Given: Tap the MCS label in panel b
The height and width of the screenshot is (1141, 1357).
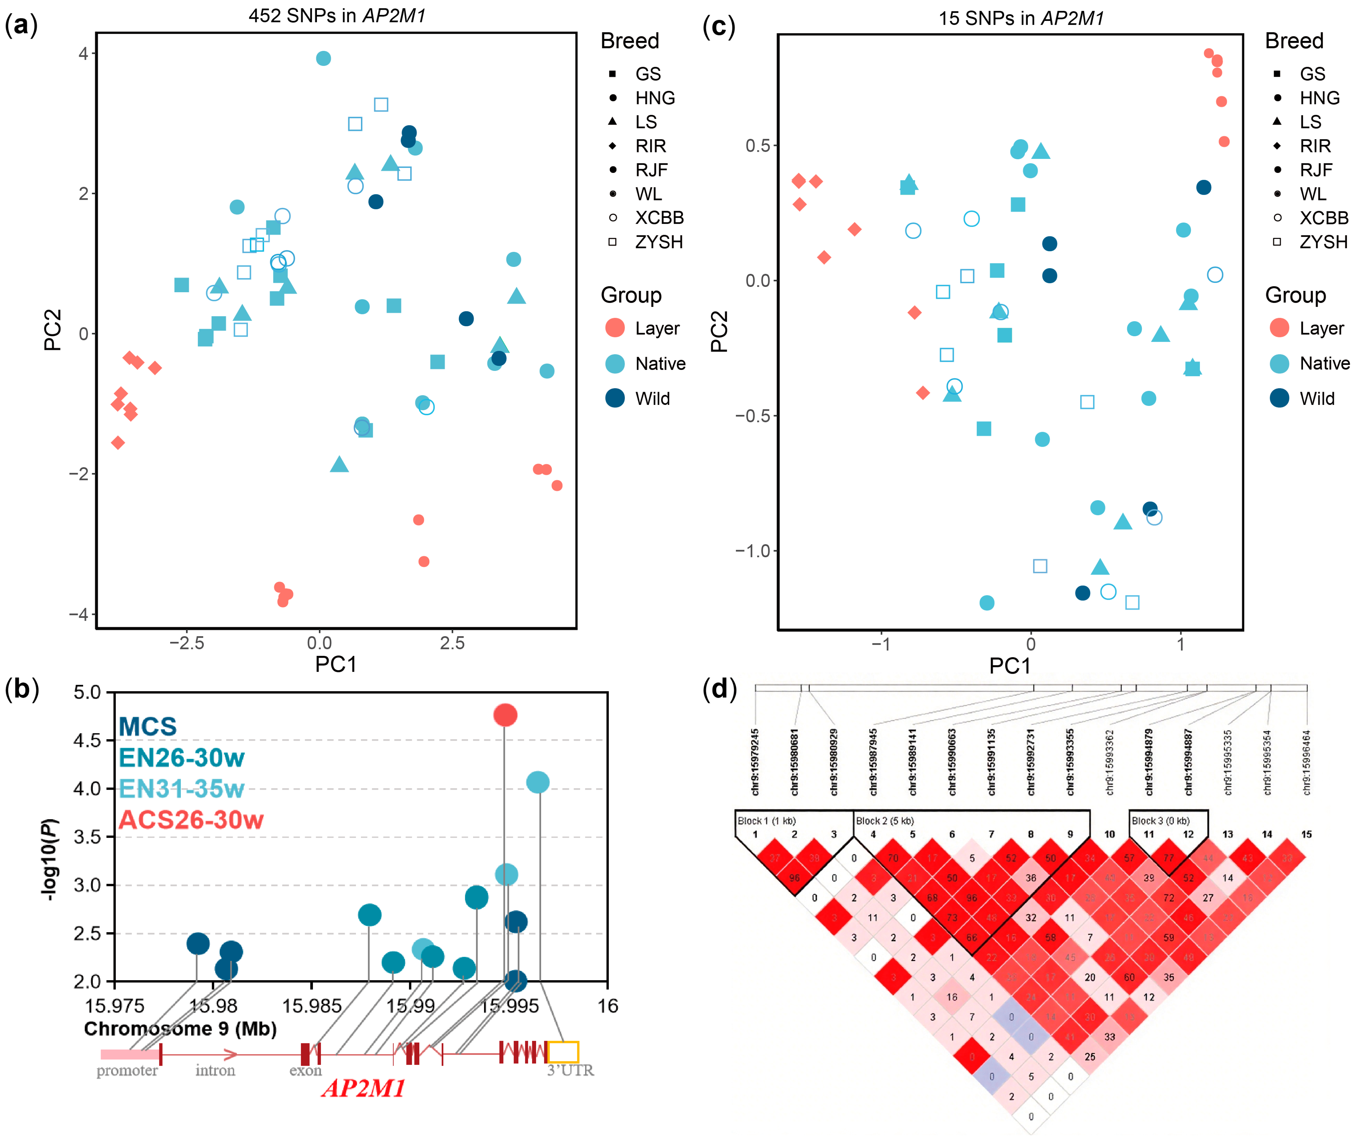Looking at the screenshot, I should click(x=147, y=726).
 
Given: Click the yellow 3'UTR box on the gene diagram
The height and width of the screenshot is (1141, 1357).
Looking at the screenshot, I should click(x=563, y=1052).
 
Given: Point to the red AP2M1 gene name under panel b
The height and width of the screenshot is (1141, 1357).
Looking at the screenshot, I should click(x=363, y=1089).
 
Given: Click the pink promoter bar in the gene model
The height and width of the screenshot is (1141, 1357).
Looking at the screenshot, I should click(x=129, y=1054).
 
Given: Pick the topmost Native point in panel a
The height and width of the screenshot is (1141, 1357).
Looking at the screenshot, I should click(x=323, y=58).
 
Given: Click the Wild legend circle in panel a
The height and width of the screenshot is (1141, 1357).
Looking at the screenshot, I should click(x=615, y=398).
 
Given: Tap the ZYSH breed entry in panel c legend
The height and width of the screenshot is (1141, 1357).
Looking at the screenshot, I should click(x=1323, y=242).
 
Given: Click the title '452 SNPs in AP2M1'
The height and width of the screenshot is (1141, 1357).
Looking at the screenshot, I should click(x=337, y=16).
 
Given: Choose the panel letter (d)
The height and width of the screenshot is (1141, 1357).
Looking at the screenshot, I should click(x=719, y=690).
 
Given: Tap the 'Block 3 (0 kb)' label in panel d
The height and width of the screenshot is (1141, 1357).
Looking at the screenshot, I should click(x=1160, y=821).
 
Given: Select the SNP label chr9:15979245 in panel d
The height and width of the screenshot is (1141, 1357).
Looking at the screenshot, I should click(x=755, y=762).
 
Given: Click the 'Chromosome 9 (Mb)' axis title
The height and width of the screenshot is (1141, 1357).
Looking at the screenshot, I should click(x=180, y=1028).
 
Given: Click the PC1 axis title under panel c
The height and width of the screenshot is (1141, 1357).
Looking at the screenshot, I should click(x=1010, y=666).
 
